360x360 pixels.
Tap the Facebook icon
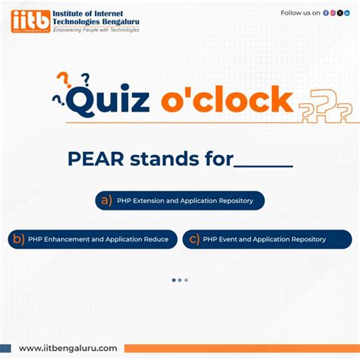pyautogui.click(x=326, y=13)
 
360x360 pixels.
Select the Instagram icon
pyautogui.click(x=333, y=13)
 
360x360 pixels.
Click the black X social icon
pyautogui.click(x=339, y=13)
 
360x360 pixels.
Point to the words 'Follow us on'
pyautogui.click(x=300, y=13)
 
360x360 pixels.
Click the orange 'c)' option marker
pyautogui.click(x=194, y=239)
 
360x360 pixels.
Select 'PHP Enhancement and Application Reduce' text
pyautogui.click(x=98, y=239)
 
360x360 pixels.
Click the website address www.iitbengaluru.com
pyautogui.click(x=68, y=348)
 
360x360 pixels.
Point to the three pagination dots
pyautogui.click(x=180, y=280)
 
